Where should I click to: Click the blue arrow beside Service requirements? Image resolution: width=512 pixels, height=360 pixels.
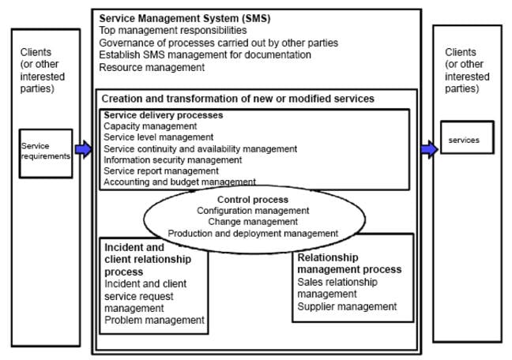(84, 149)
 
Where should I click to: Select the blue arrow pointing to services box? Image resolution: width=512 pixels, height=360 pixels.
(429, 149)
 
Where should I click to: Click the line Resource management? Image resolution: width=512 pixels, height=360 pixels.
(152, 68)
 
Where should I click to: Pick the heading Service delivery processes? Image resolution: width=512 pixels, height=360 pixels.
(164, 115)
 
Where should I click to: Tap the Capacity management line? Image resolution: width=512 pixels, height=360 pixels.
(150, 126)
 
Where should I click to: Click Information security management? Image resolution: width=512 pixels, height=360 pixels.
(172, 159)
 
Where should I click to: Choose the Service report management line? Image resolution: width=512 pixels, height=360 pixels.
(160, 171)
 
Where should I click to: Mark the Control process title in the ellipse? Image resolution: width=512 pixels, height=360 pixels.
(253, 200)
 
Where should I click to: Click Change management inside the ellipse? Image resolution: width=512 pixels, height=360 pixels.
(253, 222)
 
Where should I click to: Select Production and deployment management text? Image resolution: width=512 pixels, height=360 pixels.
(253, 233)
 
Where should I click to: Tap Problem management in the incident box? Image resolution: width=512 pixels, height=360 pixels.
(154, 320)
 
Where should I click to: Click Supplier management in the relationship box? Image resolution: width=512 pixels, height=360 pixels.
(347, 306)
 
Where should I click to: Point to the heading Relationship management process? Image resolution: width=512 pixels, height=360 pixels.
(349, 264)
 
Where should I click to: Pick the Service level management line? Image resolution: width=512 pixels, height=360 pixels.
(155, 137)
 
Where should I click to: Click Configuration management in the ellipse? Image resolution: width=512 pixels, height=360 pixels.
(253, 211)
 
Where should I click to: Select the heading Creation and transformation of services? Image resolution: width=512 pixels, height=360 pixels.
(238, 99)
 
